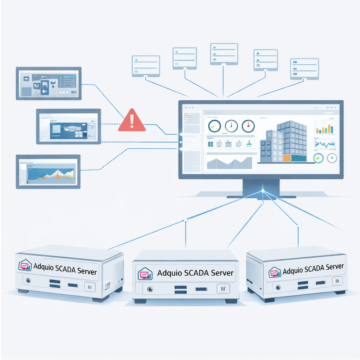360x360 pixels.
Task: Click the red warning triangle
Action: (132, 121)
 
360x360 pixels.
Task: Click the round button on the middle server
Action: (150, 289)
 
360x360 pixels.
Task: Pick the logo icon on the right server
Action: (275, 272)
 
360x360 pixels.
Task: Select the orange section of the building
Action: (287, 158)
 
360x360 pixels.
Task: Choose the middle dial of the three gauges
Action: (231, 126)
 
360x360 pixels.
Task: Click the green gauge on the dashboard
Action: (319, 158)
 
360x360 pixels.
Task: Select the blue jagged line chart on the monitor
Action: (324, 144)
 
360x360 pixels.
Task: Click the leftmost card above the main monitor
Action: (146, 65)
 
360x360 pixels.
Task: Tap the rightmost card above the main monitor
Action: (304, 69)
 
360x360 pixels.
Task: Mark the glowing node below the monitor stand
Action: (263, 191)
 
